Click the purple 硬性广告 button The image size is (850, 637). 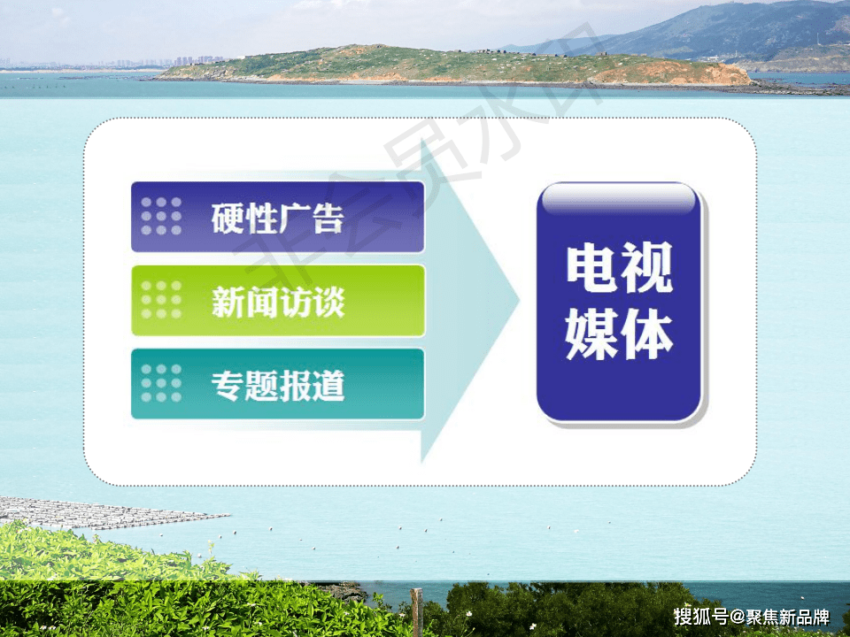[277, 217]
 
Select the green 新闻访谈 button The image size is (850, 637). [277, 301]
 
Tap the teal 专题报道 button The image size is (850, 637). [277, 384]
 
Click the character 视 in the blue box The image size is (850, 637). [646, 268]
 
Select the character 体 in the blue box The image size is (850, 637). [646, 334]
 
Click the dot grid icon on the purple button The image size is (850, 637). [161, 217]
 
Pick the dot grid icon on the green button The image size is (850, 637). [161, 301]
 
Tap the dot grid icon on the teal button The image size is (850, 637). [161, 384]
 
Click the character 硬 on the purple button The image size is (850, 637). [228, 218]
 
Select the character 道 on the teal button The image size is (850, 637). [328, 385]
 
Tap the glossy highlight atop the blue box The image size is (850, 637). [619, 200]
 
